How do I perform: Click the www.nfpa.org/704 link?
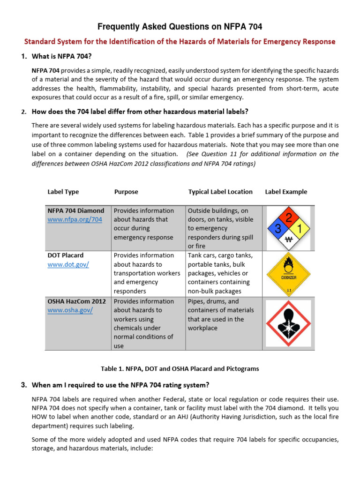(75, 219)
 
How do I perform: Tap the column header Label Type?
(63, 192)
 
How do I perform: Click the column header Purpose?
(126, 192)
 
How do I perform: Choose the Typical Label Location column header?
(220, 192)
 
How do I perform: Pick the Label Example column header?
(286, 192)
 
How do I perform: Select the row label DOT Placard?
(66, 255)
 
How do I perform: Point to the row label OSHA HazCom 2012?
(76, 301)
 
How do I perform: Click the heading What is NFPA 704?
(61, 56)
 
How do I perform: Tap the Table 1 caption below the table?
(180, 369)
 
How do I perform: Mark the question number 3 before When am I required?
(23, 385)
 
